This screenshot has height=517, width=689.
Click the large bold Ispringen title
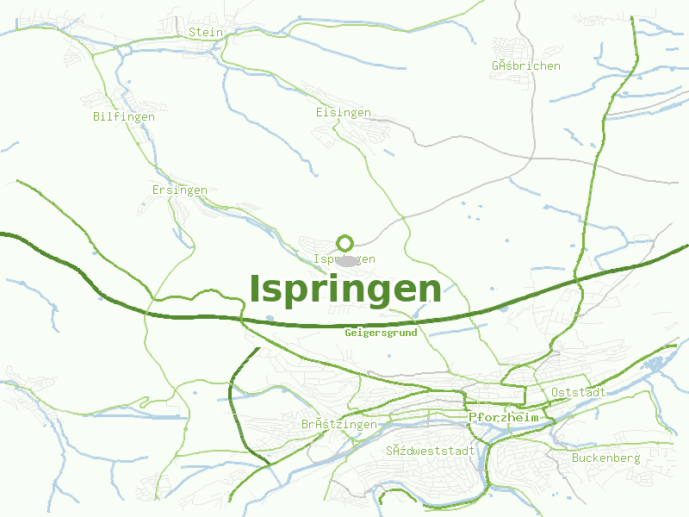click(x=345, y=290)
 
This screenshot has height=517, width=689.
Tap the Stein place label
click(x=205, y=32)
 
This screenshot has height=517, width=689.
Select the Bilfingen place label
click(x=124, y=116)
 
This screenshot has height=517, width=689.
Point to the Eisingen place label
click(x=344, y=113)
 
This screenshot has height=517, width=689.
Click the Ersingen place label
click(x=179, y=190)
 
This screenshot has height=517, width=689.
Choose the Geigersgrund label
click(x=381, y=333)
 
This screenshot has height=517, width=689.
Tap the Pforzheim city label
click(x=504, y=417)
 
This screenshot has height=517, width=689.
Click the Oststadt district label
click(x=578, y=393)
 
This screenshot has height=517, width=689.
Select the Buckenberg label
click(x=606, y=458)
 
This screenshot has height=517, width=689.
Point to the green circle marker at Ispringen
click(x=345, y=242)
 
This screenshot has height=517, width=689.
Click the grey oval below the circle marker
click(x=345, y=259)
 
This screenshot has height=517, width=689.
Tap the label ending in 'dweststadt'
click(x=431, y=451)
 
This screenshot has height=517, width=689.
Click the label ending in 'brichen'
click(x=526, y=65)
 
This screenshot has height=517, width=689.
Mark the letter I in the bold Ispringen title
click(x=255, y=290)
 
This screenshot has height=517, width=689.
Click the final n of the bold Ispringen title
click(x=430, y=290)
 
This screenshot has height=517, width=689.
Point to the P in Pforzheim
click(x=474, y=417)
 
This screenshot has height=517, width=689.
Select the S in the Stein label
click(x=191, y=32)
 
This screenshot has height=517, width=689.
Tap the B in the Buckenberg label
click(x=575, y=458)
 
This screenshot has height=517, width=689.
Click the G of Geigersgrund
click(x=348, y=333)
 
